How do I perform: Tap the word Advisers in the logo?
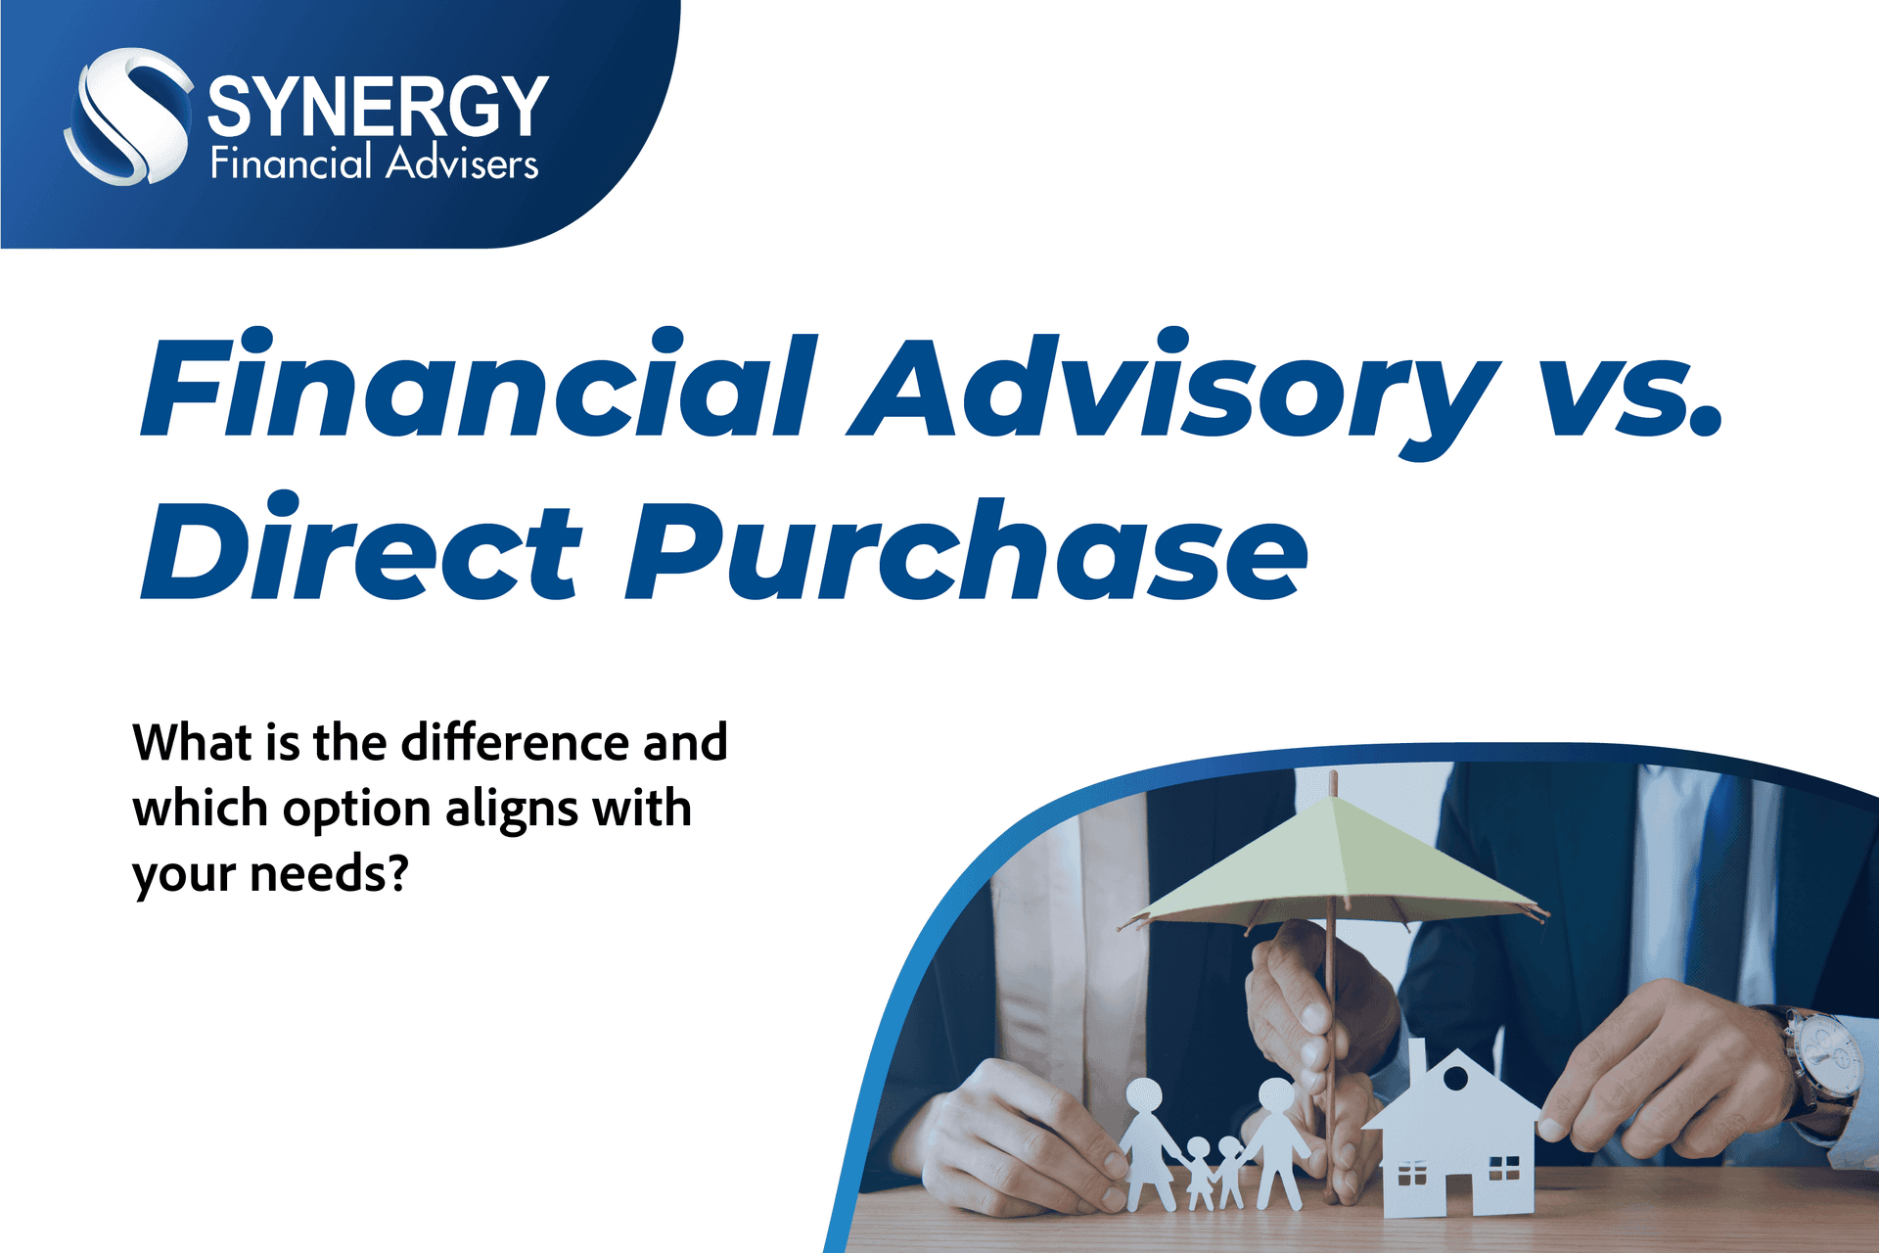click(462, 163)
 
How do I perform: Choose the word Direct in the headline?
click(362, 548)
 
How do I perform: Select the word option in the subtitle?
click(357, 810)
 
